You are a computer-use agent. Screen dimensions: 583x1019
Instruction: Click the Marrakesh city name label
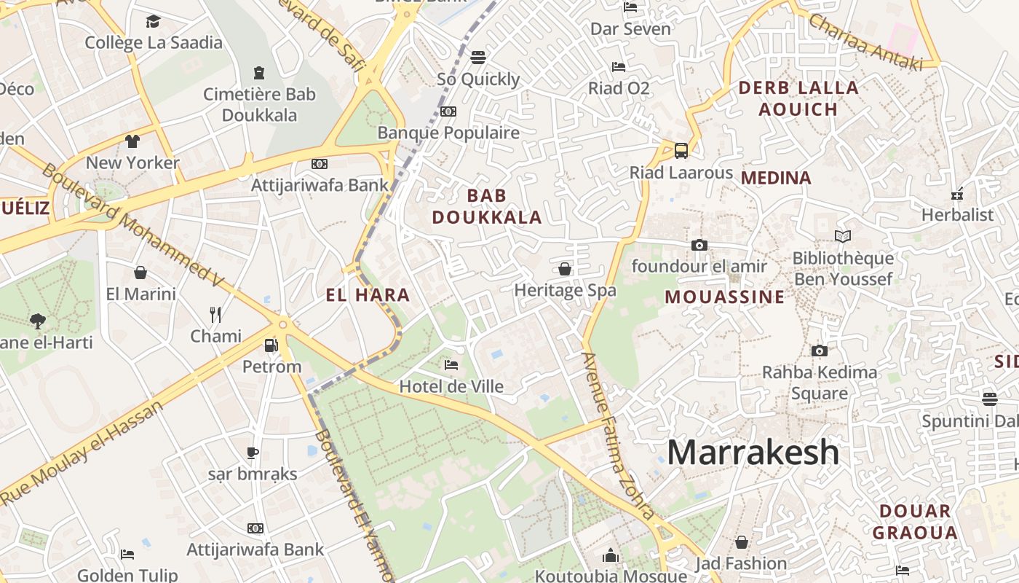pyautogui.click(x=753, y=453)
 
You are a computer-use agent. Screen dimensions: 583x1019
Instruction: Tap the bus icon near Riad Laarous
pyautogui.click(x=681, y=151)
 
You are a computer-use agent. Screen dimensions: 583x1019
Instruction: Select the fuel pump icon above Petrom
pyautogui.click(x=271, y=345)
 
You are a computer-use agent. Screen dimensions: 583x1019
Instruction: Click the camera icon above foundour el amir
pyautogui.click(x=699, y=245)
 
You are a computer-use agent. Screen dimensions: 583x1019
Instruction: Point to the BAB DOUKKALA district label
pyautogui.click(x=487, y=206)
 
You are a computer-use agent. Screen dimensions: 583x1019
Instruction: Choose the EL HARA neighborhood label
pyautogui.click(x=368, y=295)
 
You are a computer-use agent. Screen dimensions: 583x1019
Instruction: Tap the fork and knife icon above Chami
pyautogui.click(x=215, y=315)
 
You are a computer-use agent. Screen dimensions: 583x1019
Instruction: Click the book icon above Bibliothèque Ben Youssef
pyautogui.click(x=843, y=237)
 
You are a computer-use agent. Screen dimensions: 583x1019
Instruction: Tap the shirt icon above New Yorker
pyautogui.click(x=132, y=141)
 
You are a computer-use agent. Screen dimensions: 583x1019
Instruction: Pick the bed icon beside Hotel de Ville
pyautogui.click(x=451, y=364)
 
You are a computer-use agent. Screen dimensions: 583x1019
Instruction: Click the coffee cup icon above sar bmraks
pyautogui.click(x=253, y=453)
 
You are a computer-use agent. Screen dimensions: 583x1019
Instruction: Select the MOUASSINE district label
pyautogui.click(x=725, y=297)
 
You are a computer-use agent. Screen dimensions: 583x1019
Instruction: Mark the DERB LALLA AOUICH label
pyautogui.click(x=798, y=98)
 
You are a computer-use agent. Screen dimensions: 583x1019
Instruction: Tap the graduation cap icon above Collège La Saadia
pyautogui.click(x=153, y=22)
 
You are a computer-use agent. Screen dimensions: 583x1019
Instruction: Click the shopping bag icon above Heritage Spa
pyautogui.click(x=565, y=269)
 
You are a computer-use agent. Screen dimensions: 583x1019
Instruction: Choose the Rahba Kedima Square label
pyautogui.click(x=820, y=383)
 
